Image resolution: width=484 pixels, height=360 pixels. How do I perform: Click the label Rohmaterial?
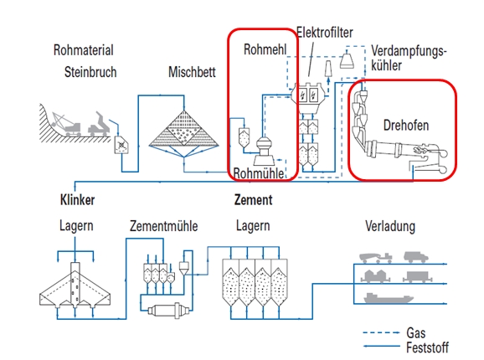(84, 50)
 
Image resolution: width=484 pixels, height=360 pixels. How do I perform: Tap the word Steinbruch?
(90, 72)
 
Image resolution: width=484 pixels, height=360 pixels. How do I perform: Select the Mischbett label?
(192, 72)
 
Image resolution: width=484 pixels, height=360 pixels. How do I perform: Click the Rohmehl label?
(265, 49)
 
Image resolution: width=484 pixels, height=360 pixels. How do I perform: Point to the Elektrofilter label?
(325, 33)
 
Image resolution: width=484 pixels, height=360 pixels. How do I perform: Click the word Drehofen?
(406, 126)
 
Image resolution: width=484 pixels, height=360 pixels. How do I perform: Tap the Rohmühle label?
(259, 173)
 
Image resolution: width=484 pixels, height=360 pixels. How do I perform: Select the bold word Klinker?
(78, 200)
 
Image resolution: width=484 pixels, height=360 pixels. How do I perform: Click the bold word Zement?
(254, 199)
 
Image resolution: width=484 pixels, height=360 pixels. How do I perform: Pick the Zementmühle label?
(163, 226)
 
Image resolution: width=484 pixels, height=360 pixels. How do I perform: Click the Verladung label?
(390, 226)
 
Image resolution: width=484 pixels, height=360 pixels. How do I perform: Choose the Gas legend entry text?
(416, 333)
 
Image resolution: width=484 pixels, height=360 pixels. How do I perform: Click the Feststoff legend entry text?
(427, 347)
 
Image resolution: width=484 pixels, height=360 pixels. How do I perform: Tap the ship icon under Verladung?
(389, 298)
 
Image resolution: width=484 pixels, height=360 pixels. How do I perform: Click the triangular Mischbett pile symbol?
(184, 128)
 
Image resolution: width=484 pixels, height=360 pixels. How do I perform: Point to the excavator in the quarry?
(66, 124)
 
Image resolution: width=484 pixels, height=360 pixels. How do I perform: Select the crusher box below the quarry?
(121, 144)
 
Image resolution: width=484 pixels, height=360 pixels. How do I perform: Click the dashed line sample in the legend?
(381, 333)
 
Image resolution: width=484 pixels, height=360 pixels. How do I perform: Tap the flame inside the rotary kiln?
(420, 151)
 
